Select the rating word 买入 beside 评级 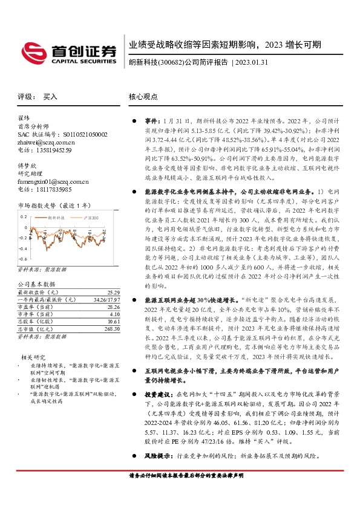click(50, 97)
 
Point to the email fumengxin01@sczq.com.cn click(53, 181)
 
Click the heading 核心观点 click(143, 97)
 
